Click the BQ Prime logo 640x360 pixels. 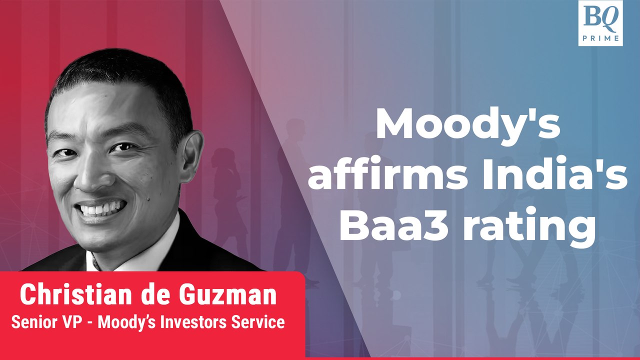tap(600, 23)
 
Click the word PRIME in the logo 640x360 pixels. tap(600, 38)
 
